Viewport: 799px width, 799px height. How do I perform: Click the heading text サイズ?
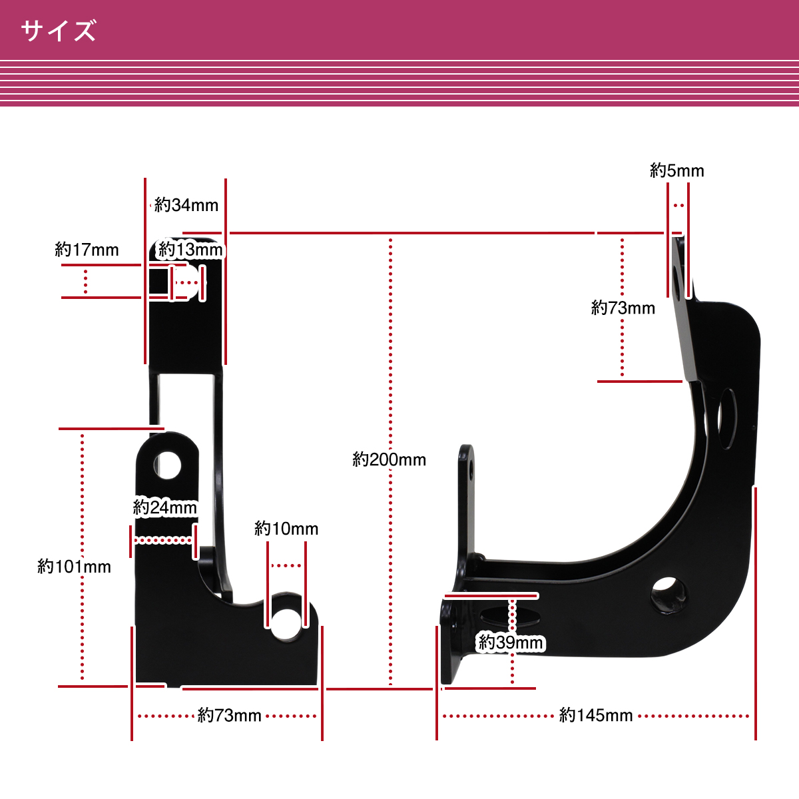(x=59, y=31)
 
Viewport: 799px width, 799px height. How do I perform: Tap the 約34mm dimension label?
(x=186, y=205)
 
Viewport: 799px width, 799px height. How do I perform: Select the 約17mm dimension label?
(x=87, y=250)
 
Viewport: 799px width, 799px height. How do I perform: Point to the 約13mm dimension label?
(x=190, y=250)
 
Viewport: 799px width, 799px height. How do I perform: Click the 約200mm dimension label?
(x=389, y=459)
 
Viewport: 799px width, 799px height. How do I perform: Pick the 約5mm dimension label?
(x=676, y=170)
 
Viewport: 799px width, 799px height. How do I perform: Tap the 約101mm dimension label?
(x=74, y=567)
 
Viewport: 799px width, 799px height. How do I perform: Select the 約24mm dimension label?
(x=165, y=507)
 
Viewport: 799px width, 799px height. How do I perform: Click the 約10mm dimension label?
(x=286, y=529)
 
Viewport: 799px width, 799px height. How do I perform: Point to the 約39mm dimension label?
(x=511, y=643)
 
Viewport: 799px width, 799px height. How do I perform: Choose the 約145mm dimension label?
(x=596, y=715)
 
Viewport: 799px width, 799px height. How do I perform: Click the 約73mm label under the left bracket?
(x=229, y=715)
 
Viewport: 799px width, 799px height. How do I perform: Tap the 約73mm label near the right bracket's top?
(x=623, y=308)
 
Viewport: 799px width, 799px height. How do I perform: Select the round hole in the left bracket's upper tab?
(x=168, y=464)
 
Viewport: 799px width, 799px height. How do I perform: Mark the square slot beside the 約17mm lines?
(x=158, y=283)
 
